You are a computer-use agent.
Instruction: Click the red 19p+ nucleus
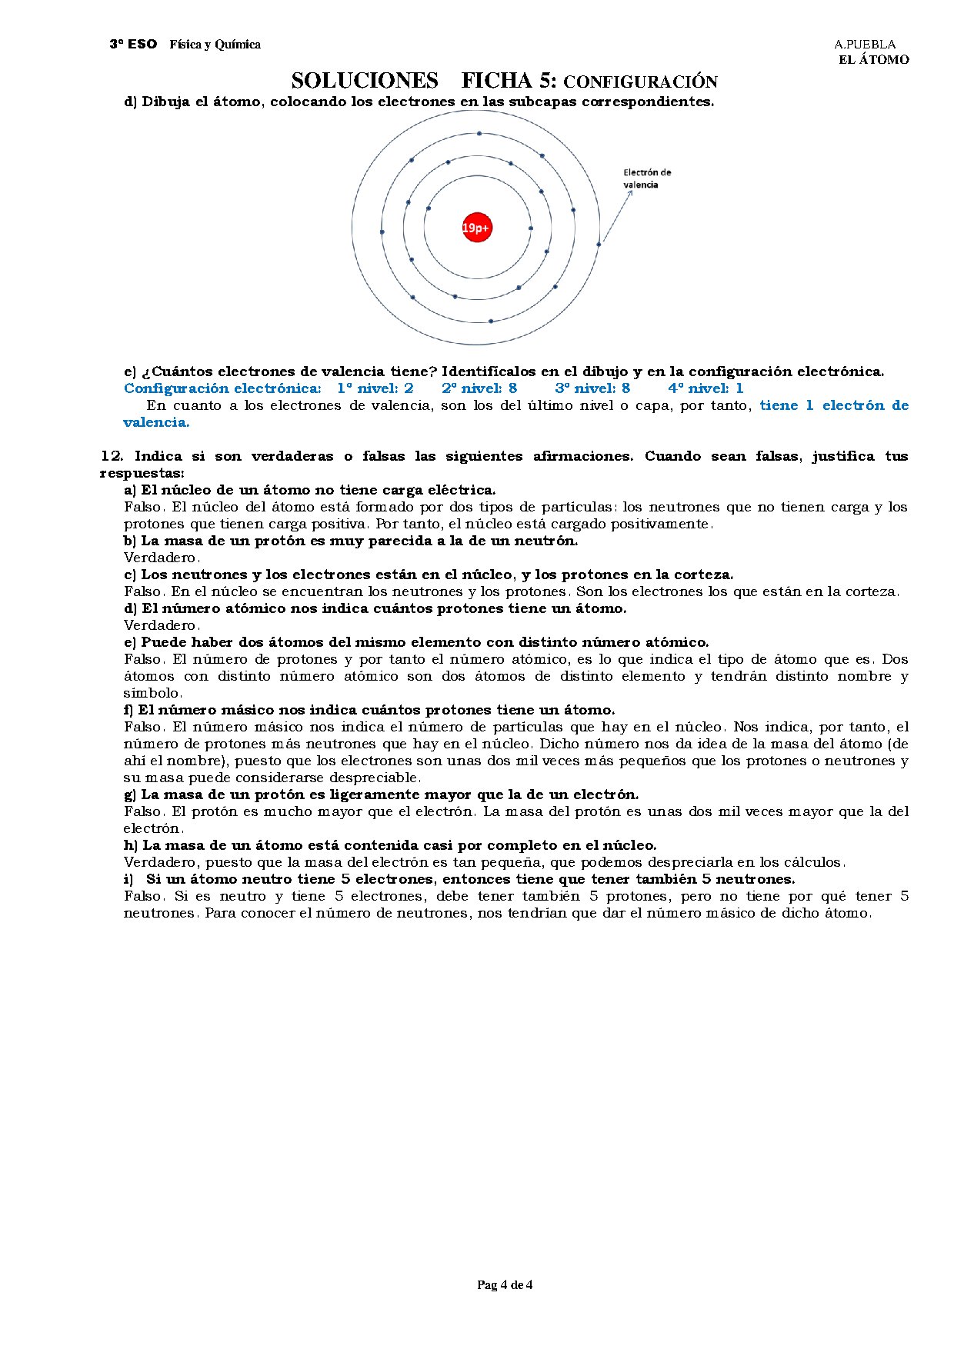476,228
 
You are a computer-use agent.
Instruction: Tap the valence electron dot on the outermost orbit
599,245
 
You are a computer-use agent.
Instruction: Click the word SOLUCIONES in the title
365,81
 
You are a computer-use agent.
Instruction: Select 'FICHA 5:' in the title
509,81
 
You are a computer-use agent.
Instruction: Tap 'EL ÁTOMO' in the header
873,60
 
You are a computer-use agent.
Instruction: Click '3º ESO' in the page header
132,45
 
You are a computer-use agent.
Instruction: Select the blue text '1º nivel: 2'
375,388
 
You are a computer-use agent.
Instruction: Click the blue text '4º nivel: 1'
705,388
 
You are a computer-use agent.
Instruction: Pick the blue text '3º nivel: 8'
592,388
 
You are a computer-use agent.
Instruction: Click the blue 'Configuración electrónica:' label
222,388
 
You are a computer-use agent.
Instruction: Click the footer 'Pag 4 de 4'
505,1284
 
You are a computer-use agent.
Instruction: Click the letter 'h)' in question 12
130,845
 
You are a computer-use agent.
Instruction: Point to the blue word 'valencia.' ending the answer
156,422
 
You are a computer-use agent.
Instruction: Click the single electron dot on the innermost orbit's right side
530,228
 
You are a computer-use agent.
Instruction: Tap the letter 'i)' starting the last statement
128,879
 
